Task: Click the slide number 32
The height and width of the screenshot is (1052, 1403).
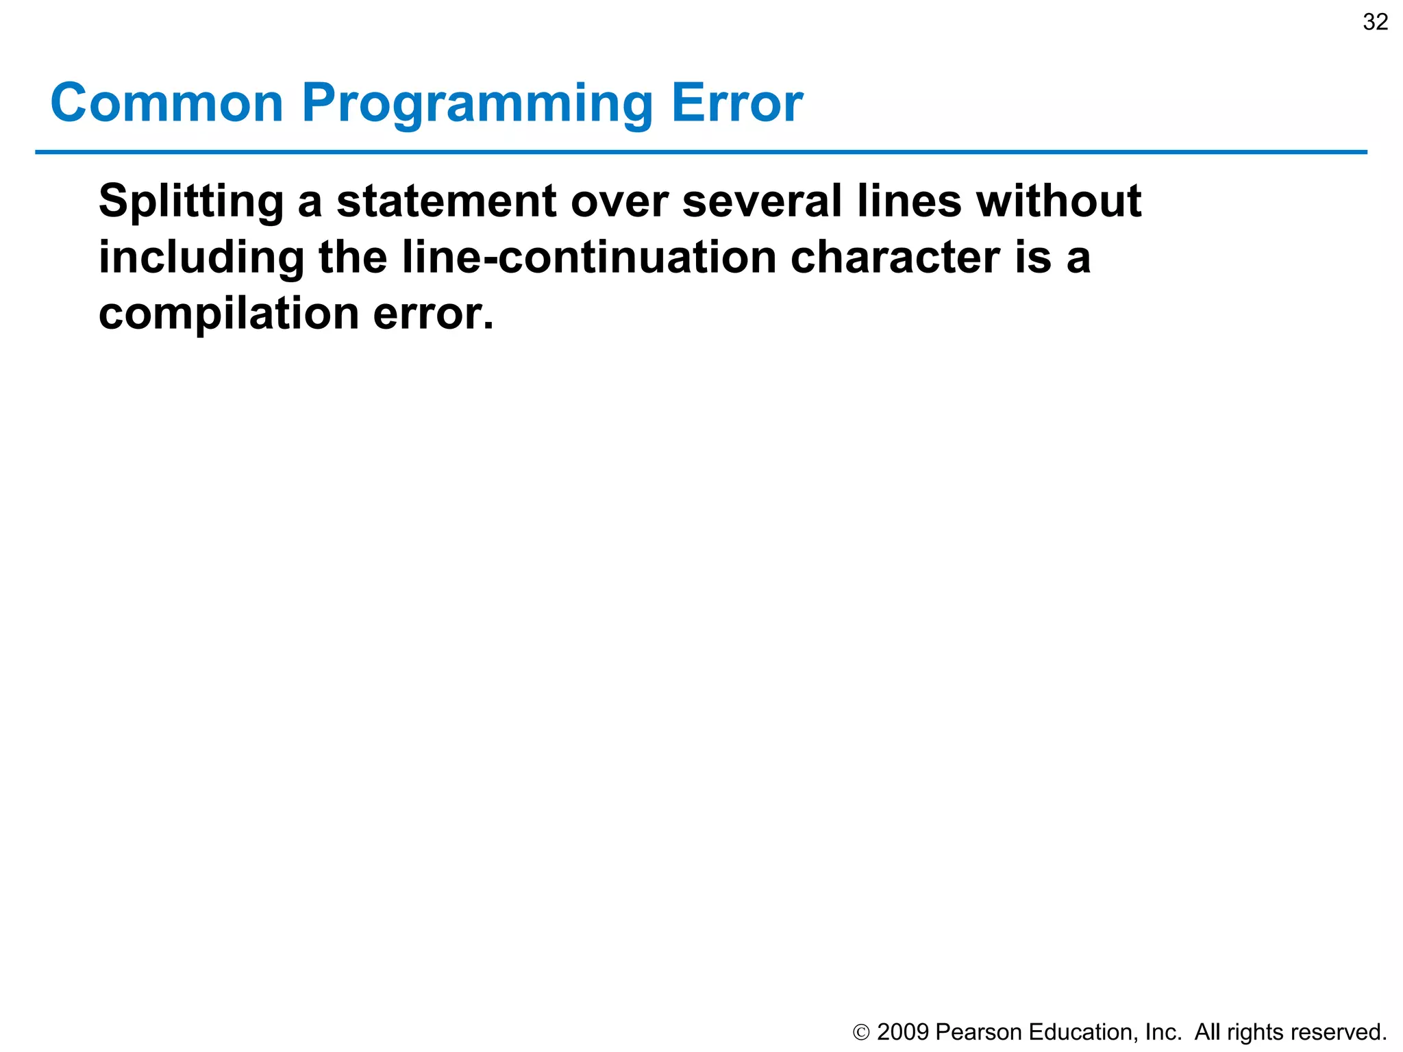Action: pyautogui.click(x=1376, y=22)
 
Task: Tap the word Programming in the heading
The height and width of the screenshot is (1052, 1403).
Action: pyautogui.click(x=477, y=104)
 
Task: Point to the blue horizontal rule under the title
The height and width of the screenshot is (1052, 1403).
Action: pyautogui.click(x=701, y=152)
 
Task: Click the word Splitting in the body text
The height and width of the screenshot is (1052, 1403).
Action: pyautogui.click(x=190, y=201)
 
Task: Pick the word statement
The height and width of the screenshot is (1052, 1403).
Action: pyautogui.click(x=446, y=201)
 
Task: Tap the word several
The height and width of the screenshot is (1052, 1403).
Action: pyautogui.click(x=762, y=201)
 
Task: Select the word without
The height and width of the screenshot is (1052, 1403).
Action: pyautogui.click(x=1058, y=201)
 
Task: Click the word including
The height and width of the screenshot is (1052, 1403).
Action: pyautogui.click(x=201, y=258)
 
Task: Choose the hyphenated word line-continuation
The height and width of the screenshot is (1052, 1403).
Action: pyautogui.click(x=588, y=258)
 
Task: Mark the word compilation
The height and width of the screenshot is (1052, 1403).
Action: pyautogui.click(x=229, y=314)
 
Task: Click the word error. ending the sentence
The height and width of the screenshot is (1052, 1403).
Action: pyautogui.click(x=433, y=314)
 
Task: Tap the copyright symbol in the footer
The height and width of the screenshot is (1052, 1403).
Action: pyautogui.click(x=861, y=1032)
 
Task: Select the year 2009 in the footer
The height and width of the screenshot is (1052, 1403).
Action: pyautogui.click(x=902, y=1032)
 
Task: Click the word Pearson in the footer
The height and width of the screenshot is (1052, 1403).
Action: pyautogui.click(x=978, y=1032)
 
